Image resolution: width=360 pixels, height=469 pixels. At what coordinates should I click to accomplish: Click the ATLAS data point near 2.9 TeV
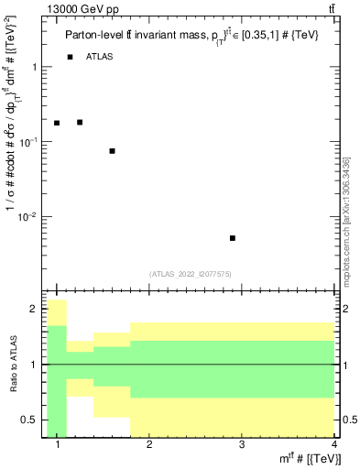pyautogui.click(x=233, y=238)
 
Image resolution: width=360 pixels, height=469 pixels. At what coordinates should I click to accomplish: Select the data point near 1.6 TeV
pyautogui.click(x=112, y=151)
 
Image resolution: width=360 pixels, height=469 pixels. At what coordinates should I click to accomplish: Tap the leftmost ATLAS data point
pyautogui.click(x=57, y=123)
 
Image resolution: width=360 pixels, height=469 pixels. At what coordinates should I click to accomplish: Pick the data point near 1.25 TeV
pyautogui.click(x=80, y=122)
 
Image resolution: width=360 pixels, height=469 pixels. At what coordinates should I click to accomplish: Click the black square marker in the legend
pyautogui.click(x=70, y=58)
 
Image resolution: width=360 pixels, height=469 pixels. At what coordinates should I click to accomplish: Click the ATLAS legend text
pyautogui.click(x=102, y=58)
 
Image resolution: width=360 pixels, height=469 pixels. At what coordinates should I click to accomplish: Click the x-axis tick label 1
pyautogui.click(x=58, y=445)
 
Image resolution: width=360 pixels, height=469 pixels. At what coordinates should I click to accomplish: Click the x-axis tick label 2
pyautogui.click(x=149, y=445)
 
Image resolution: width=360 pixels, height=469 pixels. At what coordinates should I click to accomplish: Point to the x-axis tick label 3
pyautogui.click(x=241, y=445)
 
